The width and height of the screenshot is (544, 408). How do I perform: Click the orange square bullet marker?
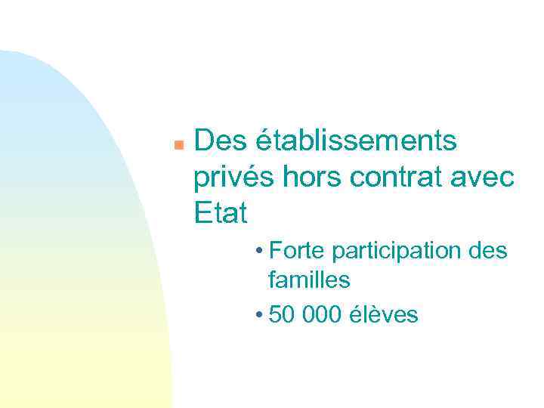178,143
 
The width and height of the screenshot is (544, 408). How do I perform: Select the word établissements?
357,141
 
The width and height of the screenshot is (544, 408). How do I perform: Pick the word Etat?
221,214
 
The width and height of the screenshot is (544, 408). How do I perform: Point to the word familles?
309,280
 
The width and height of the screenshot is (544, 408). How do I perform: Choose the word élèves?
385,314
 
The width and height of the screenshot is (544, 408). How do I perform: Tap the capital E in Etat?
202,214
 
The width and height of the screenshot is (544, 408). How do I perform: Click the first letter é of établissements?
264,141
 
